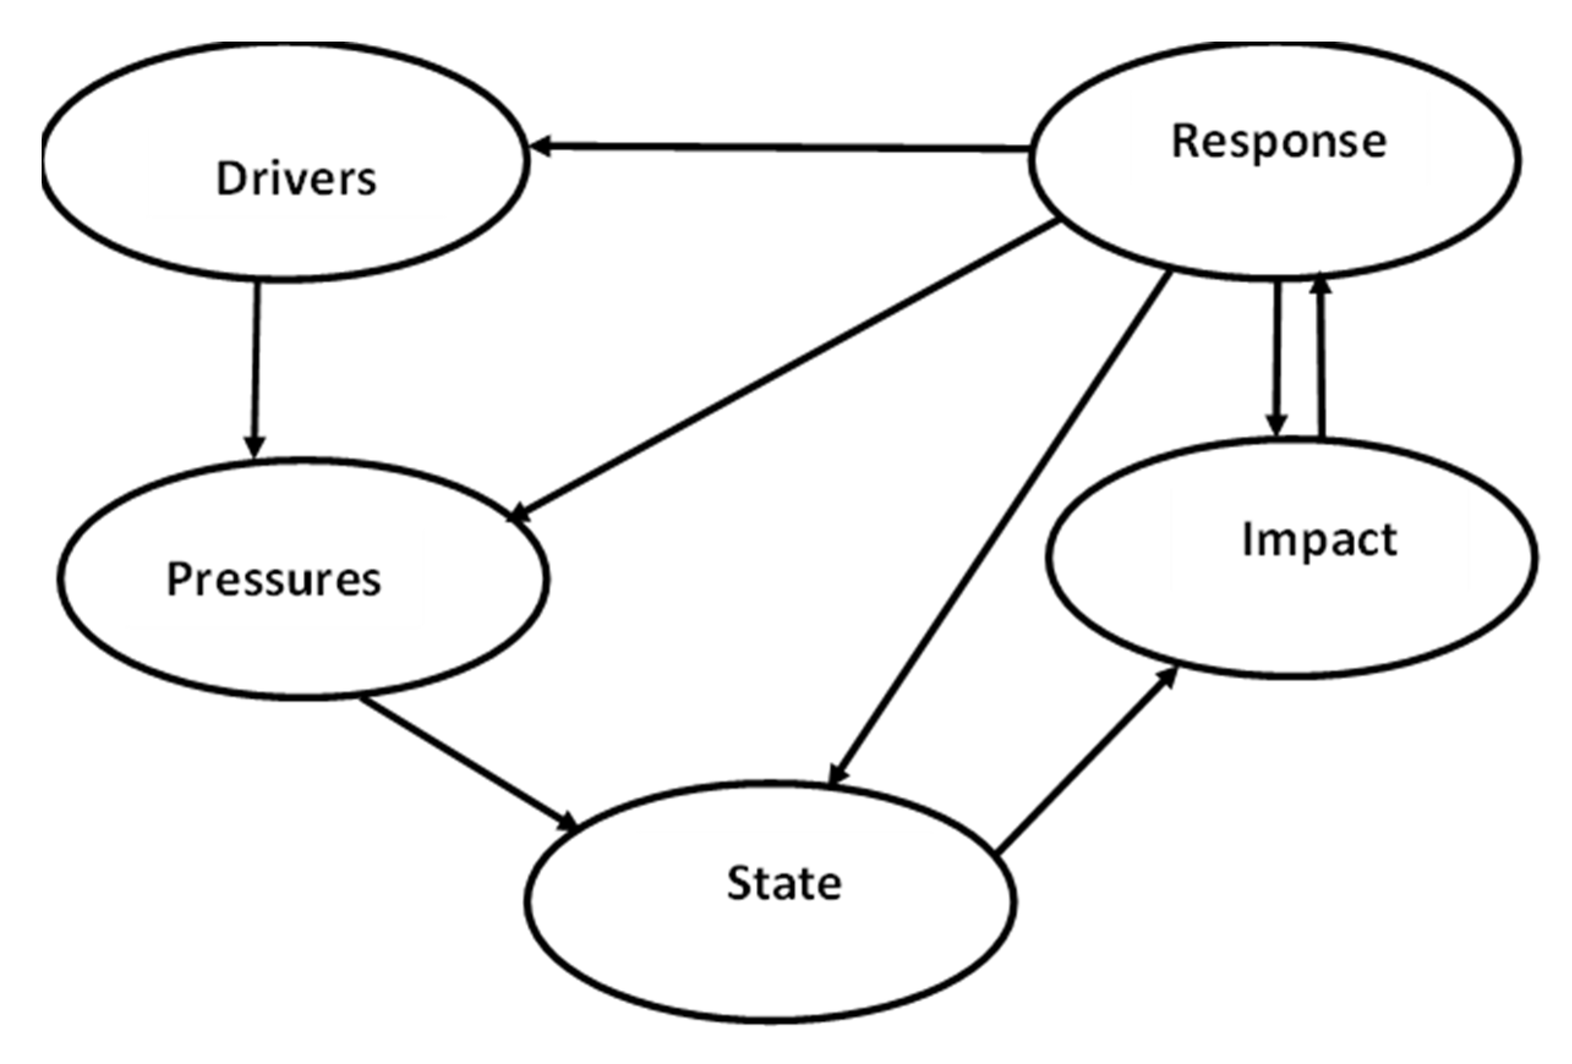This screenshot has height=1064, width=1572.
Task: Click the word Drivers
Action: (x=296, y=178)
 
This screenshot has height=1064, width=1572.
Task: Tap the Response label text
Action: (x=1278, y=142)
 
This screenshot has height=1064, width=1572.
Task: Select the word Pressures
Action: (x=274, y=579)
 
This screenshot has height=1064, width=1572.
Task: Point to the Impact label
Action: (x=1319, y=540)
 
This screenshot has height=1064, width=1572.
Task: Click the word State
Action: (x=784, y=883)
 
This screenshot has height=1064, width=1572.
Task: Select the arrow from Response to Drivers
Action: (x=778, y=147)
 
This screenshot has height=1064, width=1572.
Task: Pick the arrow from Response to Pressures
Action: (x=785, y=371)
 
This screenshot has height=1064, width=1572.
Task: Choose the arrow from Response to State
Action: (x=1001, y=528)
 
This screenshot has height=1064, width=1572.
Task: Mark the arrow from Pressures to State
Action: (x=467, y=764)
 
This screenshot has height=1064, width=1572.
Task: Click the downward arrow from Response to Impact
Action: (x=1277, y=358)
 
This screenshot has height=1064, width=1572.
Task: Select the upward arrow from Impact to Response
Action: (x=1322, y=358)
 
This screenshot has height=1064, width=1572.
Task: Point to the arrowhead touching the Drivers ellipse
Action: (x=541, y=145)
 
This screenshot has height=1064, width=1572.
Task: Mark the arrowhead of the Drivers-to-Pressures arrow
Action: (x=255, y=447)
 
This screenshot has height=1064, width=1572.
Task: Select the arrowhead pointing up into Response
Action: (x=1321, y=287)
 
